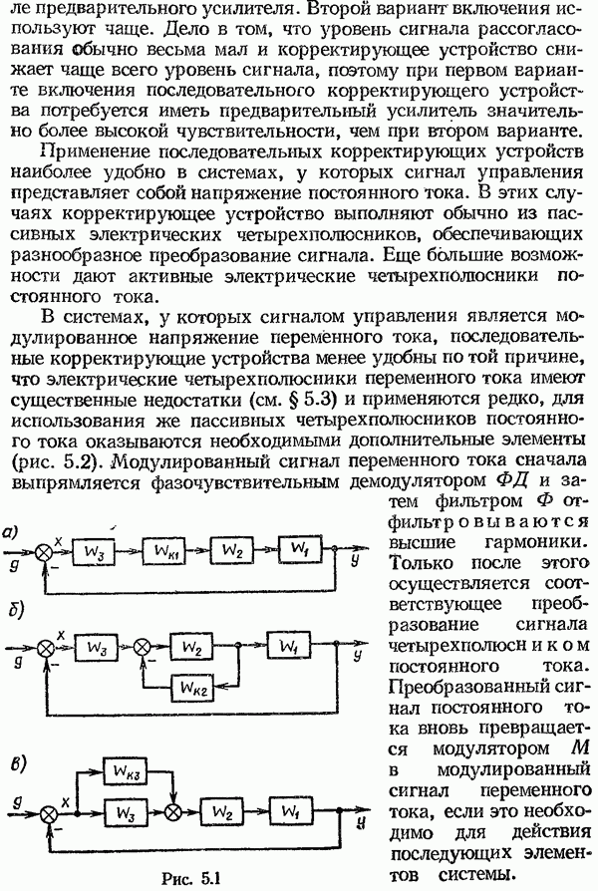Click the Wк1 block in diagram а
click(x=163, y=550)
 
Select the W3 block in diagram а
click(x=94, y=551)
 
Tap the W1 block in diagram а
click(x=300, y=549)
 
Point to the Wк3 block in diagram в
click(x=127, y=771)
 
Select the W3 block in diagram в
click(x=127, y=812)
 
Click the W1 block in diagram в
click(x=291, y=811)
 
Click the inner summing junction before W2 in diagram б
click(x=142, y=647)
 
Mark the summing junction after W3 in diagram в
click(x=173, y=812)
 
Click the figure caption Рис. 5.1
click(x=190, y=877)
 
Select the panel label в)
click(x=14, y=763)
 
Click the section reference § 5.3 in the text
click(x=310, y=399)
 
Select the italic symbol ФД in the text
click(x=512, y=480)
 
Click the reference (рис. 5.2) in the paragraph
click(x=55, y=460)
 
